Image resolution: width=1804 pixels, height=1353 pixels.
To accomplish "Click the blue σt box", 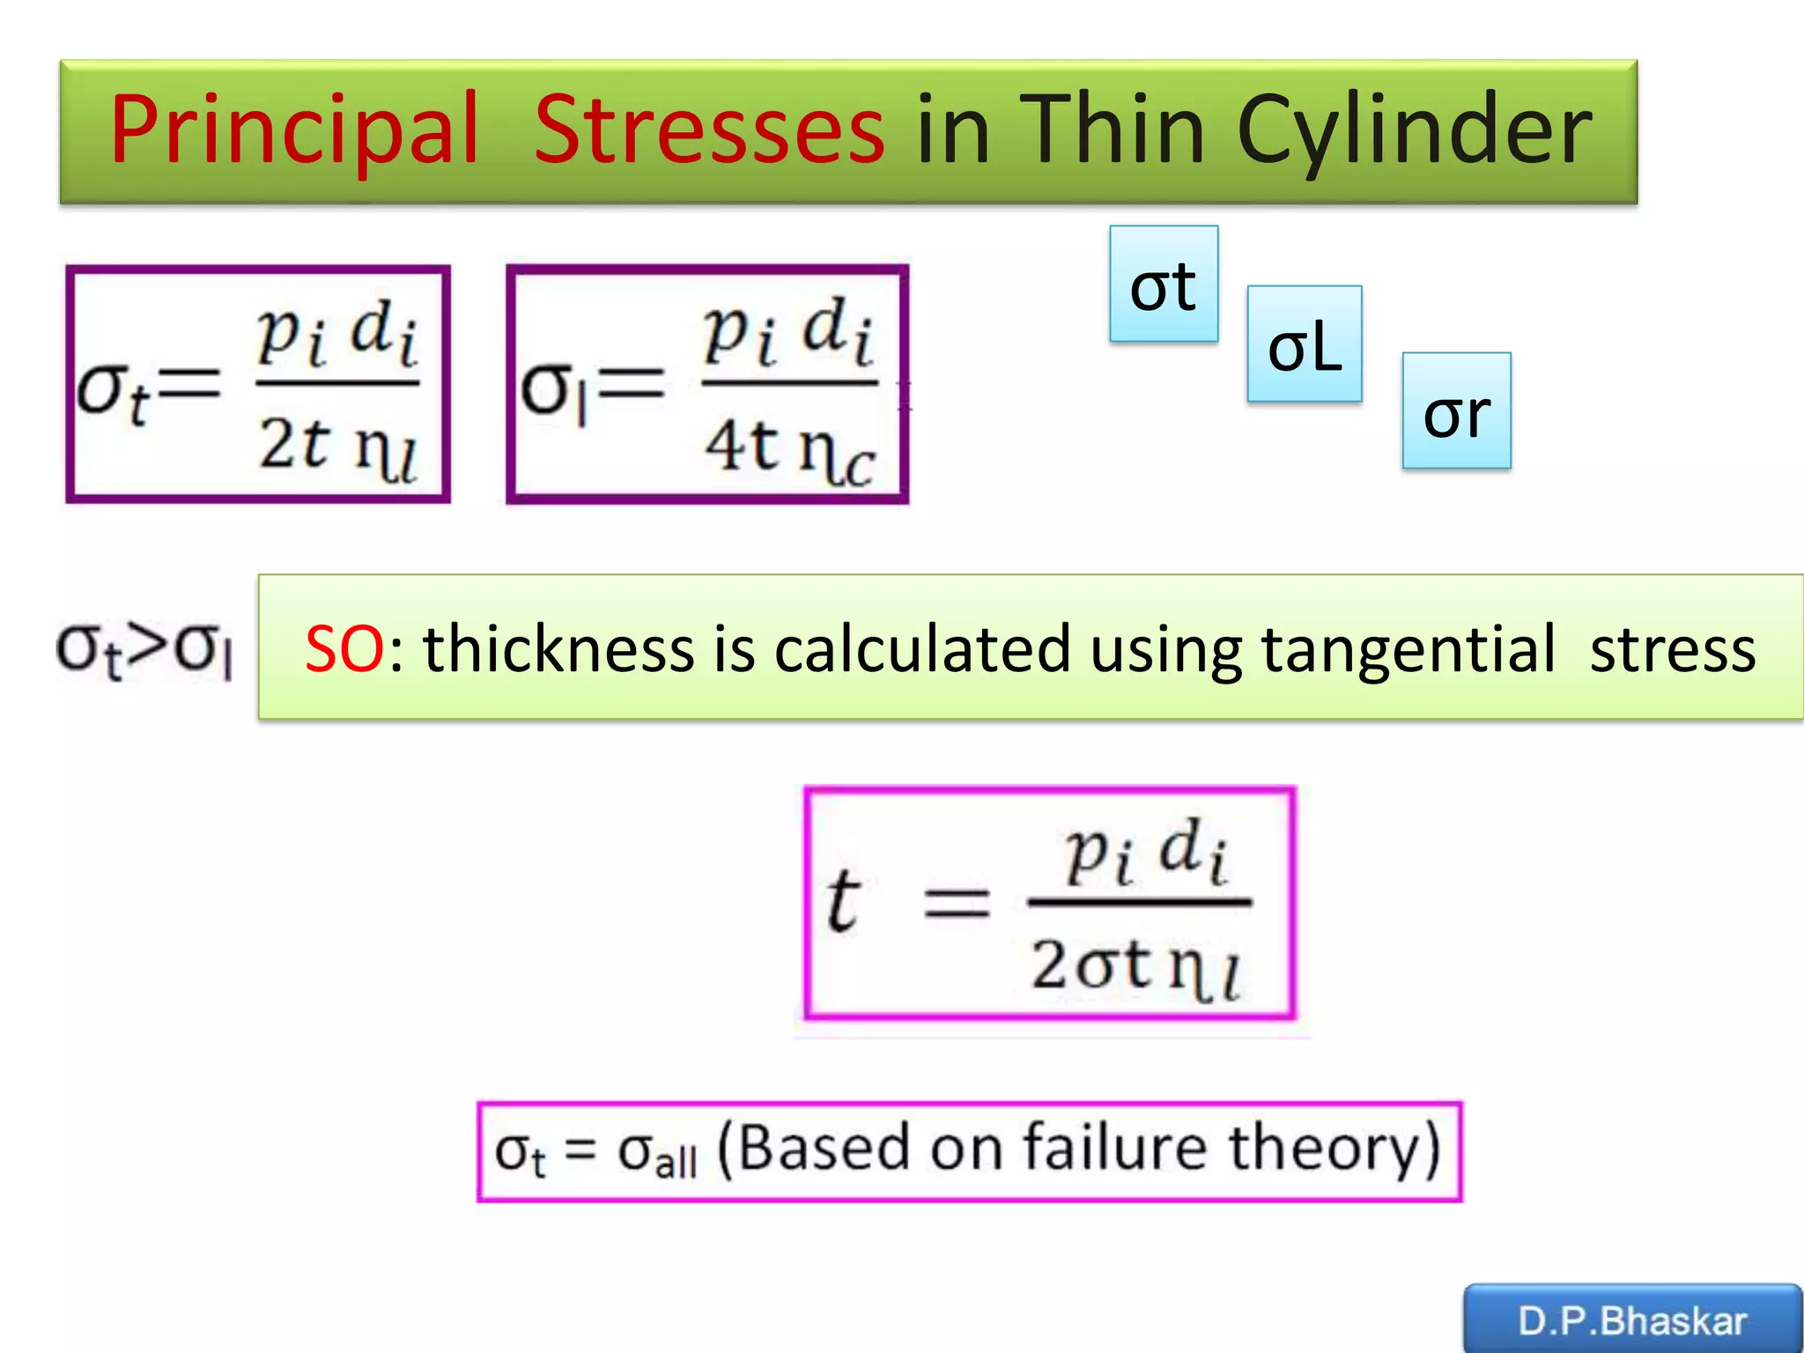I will [1164, 284].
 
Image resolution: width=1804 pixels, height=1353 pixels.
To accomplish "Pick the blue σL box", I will [1305, 344].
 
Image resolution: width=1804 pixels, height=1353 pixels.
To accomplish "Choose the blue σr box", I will [1456, 411].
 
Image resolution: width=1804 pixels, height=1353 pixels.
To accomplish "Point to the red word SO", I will [344, 649].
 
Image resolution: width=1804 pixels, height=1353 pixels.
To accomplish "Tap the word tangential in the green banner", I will [1408, 649].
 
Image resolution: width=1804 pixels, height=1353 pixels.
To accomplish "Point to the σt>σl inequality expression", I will [144, 650].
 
